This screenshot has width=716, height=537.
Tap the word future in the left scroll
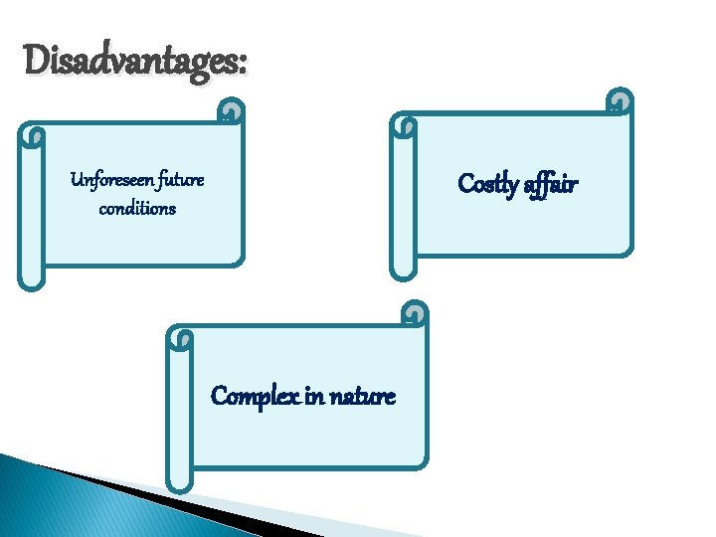[178, 181]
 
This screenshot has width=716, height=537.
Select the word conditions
[137, 209]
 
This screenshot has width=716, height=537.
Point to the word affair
[551, 185]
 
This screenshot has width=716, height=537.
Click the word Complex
[254, 397]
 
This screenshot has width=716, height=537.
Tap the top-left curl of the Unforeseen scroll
[34, 135]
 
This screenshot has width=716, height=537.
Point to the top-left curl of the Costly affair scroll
[405, 125]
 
